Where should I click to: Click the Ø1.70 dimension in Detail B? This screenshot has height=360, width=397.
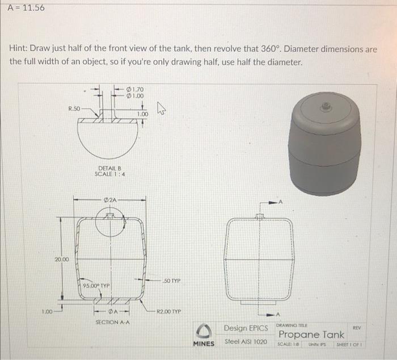pyautogui.click(x=136, y=89)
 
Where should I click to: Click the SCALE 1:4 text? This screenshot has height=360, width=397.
pyautogui.click(x=110, y=174)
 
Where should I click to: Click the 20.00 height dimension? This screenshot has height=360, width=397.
pyautogui.click(x=62, y=259)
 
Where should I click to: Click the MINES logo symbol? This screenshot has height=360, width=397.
pyautogui.click(x=203, y=330)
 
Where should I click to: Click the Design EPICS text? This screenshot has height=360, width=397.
pyautogui.click(x=246, y=328)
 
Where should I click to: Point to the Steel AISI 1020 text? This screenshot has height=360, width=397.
pyautogui.click(x=246, y=342)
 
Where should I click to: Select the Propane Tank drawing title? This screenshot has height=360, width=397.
pyautogui.click(x=311, y=335)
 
